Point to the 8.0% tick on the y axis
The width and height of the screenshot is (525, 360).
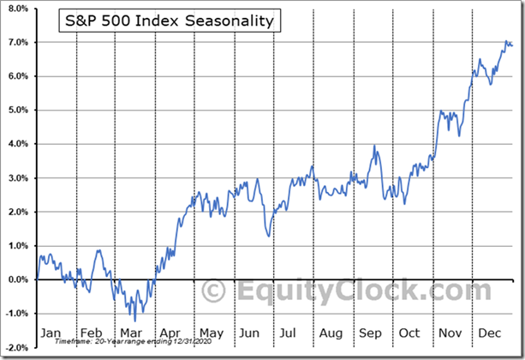pyautogui.click(x=17, y=9)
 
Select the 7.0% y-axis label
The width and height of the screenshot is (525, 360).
pyautogui.click(x=17, y=42)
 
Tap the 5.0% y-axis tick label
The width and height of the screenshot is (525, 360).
pyautogui.click(x=17, y=110)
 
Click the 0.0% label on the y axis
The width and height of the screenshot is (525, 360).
pyautogui.click(x=17, y=279)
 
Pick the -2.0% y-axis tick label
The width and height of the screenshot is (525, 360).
pyautogui.click(x=16, y=347)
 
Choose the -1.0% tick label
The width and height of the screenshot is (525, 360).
pyautogui.click(x=16, y=314)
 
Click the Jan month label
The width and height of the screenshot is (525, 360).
pyautogui.click(x=51, y=333)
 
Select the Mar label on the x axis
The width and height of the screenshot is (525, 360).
pyautogui.click(x=131, y=333)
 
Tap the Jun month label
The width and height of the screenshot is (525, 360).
pyautogui.click(x=250, y=333)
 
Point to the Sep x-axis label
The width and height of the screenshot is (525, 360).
pyautogui.click(x=371, y=333)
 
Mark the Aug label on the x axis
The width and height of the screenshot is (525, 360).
pyautogui.click(x=331, y=333)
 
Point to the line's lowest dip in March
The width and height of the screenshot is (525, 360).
pyautogui.click(x=134, y=321)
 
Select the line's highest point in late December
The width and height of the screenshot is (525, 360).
pyautogui.click(x=505, y=40)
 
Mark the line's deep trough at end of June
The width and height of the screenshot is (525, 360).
pyautogui.click(x=269, y=236)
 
